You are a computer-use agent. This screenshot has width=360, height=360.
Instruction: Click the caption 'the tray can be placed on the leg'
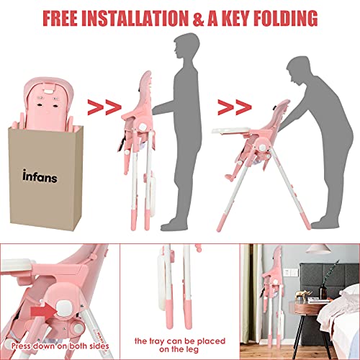coord(180,343)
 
